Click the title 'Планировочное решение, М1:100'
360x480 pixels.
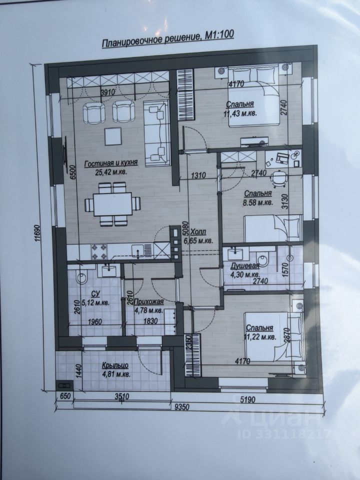coord(168,39)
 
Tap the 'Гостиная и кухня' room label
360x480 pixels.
coord(111,163)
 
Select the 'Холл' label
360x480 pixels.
coord(198,231)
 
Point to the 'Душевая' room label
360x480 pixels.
coord(245,265)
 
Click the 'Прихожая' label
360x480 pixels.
coord(148,302)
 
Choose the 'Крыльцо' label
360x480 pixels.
coord(115,365)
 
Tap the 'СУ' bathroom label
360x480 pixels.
coord(95,294)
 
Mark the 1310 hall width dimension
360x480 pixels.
coord(198,175)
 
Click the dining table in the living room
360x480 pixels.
coord(112,204)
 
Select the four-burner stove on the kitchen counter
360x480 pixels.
coord(98,251)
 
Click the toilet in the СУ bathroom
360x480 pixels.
coord(81,277)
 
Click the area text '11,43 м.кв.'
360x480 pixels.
coord(240,113)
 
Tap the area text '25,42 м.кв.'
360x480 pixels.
coord(110,172)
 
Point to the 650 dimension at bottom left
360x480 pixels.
coord(65,396)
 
